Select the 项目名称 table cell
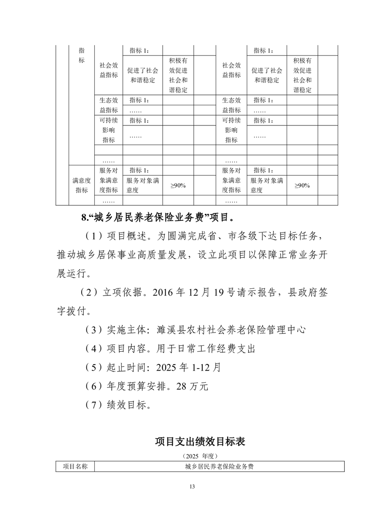pos(75,466)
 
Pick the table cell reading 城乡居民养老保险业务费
pos(219,466)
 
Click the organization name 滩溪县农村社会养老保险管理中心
pos(232,329)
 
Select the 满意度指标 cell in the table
pos(81,185)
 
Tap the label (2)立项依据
pos(110,292)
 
